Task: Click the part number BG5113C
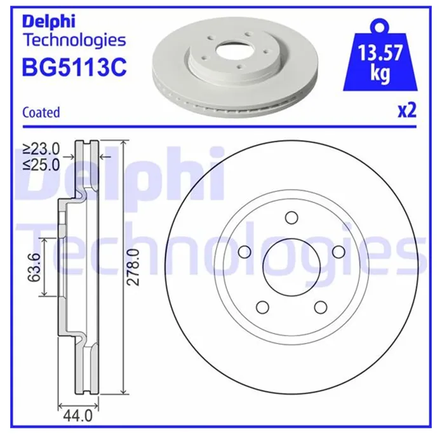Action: (x=74, y=67)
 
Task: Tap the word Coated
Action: (x=41, y=112)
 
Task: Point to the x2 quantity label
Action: (x=407, y=110)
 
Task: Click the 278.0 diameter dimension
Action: (x=133, y=267)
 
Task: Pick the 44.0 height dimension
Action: (x=78, y=416)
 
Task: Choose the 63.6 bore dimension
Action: (x=34, y=267)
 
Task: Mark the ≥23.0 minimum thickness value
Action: (x=41, y=150)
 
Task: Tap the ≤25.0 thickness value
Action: (x=41, y=165)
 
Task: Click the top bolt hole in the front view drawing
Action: (x=291, y=218)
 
